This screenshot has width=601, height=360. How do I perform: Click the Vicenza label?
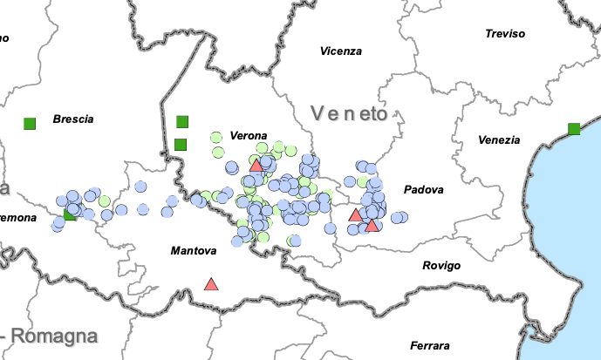point(340,51)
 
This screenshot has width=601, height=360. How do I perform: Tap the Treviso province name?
point(505,34)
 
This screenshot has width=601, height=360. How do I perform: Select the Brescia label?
point(72,119)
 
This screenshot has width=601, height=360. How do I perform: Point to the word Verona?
point(249,136)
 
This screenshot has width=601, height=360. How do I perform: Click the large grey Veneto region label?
point(348,113)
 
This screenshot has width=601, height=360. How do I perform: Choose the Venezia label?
point(498,140)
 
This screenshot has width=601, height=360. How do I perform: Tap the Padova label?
point(423,189)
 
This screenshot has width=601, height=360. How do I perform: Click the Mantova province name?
point(193,251)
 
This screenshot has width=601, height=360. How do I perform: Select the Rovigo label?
point(441,266)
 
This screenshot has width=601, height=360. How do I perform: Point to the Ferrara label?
point(430,346)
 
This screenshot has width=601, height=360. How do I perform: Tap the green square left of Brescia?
point(30,123)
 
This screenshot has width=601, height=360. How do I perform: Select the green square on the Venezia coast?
point(574,129)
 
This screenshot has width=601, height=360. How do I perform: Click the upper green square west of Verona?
point(182,121)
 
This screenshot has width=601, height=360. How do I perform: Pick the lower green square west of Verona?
point(181,144)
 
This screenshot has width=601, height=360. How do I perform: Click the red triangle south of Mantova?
point(211,284)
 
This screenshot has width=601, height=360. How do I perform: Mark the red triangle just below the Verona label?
point(256,165)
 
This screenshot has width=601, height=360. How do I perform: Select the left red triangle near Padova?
point(355,215)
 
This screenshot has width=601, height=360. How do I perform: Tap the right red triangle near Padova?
point(372,226)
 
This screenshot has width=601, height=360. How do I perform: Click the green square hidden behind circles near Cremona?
point(70,214)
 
